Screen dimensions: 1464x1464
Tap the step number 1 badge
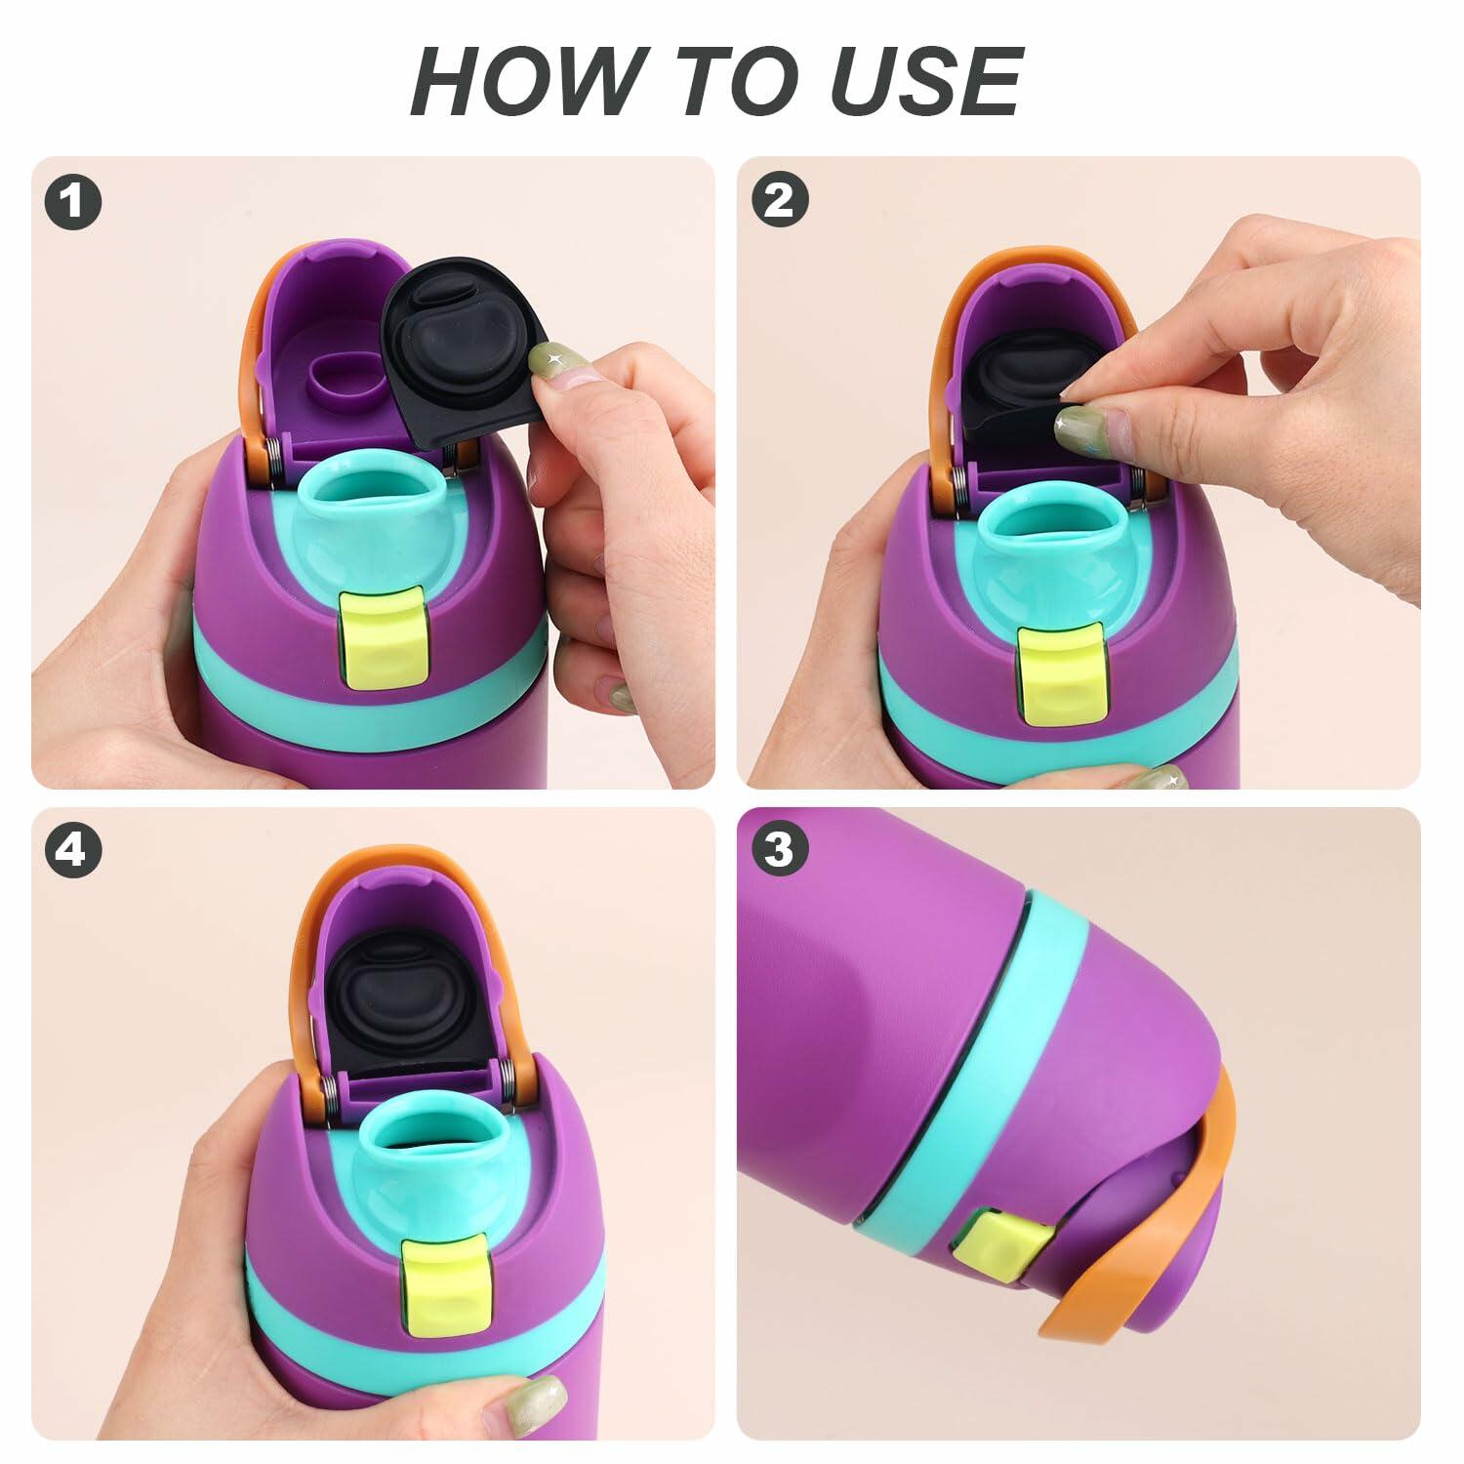pyautogui.click(x=73, y=202)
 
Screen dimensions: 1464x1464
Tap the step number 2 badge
pyautogui.click(x=779, y=202)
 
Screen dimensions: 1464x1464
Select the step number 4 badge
pyautogui.click(x=73, y=851)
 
